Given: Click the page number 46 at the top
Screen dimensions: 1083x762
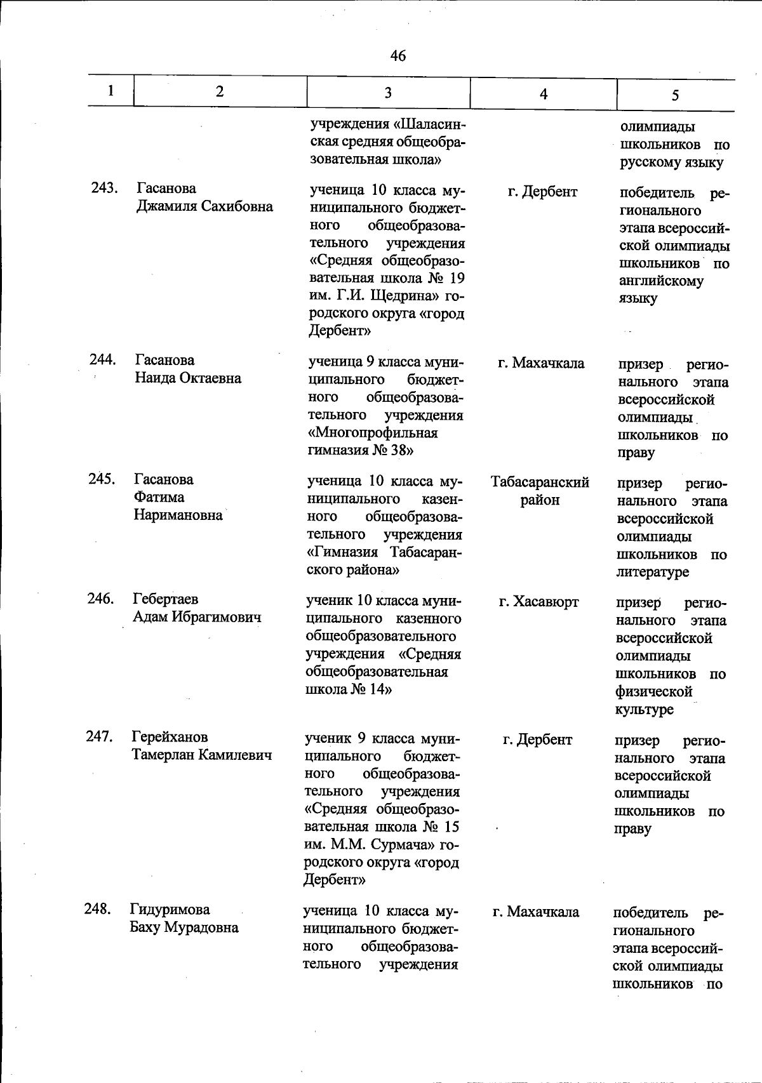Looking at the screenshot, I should click(x=398, y=56).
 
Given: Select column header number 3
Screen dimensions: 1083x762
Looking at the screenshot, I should click(x=387, y=93).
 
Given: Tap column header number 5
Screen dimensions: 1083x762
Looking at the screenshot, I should click(x=675, y=95).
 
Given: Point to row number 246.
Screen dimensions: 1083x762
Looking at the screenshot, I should click(x=100, y=599).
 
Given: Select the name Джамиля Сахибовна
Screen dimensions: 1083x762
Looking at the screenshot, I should click(x=205, y=206).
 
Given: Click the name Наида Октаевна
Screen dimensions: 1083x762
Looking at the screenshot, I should click(x=188, y=378).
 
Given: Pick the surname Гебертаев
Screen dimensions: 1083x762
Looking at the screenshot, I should click(x=165, y=599).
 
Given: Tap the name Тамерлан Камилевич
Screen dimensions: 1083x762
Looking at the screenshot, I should click(x=202, y=755).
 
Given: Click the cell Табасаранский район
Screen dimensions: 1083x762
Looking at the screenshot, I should click(x=540, y=491).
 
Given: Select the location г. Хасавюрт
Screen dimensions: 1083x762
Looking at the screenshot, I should click(x=538, y=602).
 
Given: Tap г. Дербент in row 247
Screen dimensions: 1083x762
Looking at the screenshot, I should click(x=537, y=740).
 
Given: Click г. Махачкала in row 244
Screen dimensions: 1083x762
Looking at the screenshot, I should click(x=541, y=364).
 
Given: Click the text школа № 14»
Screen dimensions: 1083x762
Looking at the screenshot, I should click(x=348, y=690).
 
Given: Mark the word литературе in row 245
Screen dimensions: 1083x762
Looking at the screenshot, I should click(x=652, y=572).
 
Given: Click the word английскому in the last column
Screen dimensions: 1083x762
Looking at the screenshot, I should click(x=661, y=281).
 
